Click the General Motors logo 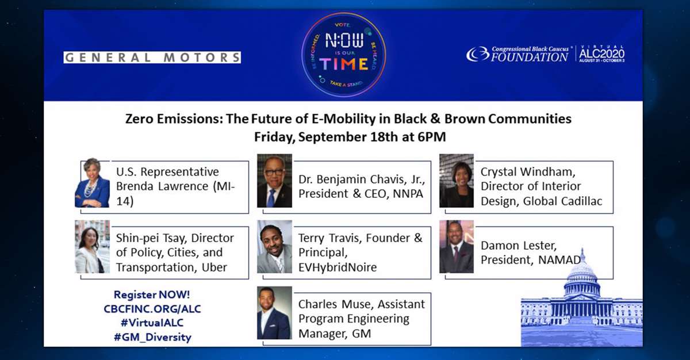[x=152, y=58]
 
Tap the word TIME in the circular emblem [x=343, y=64]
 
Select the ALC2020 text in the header [x=601, y=53]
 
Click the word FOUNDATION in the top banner [x=530, y=57]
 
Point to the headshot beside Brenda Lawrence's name [x=92, y=183]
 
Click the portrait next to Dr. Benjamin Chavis [x=274, y=181]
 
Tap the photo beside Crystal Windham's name [x=457, y=181]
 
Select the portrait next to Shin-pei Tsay [x=92, y=247]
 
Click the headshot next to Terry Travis [x=274, y=247]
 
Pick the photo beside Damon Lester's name [x=457, y=247]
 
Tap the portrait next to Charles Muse [x=274, y=313]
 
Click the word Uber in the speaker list [x=214, y=267]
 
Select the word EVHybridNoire [x=338, y=267]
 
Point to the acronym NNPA [x=408, y=194]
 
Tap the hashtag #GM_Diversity [x=152, y=337]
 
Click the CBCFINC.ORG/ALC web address [x=152, y=309]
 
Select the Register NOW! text [x=152, y=294]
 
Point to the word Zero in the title [x=139, y=119]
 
